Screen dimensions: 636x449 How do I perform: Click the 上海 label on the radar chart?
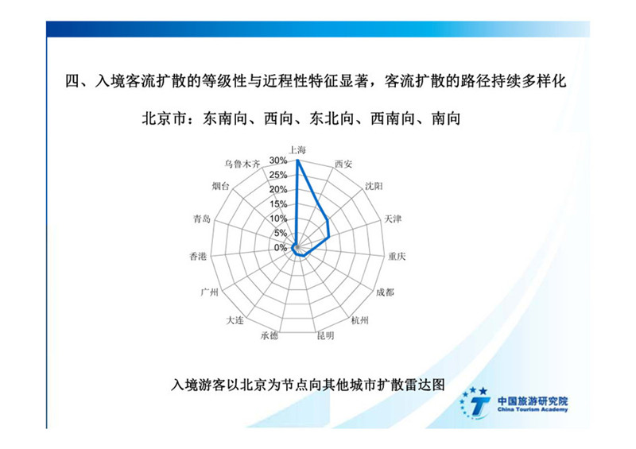tap(297, 150)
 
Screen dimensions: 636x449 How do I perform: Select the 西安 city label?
tap(343, 164)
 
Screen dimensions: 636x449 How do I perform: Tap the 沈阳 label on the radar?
tap(374, 186)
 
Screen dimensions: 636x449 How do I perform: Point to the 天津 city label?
tap(393, 219)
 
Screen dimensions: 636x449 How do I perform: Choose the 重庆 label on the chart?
tap(397, 257)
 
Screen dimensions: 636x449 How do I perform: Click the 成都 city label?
tap(385, 292)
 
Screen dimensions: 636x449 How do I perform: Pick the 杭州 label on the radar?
tap(359, 320)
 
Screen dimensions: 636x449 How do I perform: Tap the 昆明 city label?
tap(325, 336)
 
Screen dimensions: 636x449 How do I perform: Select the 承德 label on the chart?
tap(270, 336)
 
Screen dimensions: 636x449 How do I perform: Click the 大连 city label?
tap(235, 320)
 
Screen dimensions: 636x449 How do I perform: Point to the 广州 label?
tap(209, 292)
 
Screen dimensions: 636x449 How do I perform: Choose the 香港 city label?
tap(198, 257)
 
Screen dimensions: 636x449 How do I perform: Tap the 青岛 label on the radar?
tap(202, 219)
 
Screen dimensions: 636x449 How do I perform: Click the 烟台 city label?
tap(220, 186)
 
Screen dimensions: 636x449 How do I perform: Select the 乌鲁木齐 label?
tap(242, 164)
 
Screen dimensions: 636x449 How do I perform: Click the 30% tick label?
tap(278, 161)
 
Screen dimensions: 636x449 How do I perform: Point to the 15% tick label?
tap(278, 204)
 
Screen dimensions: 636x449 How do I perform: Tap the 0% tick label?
tap(281, 248)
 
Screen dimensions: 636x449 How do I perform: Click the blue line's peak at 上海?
tap(297, 161)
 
